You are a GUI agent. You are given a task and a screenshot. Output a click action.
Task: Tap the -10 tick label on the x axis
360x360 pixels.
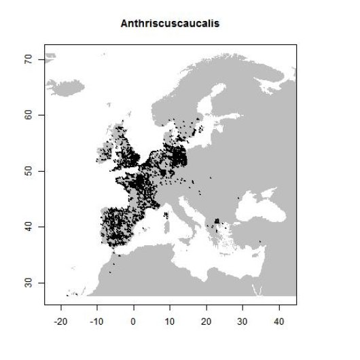(x=97, y=320)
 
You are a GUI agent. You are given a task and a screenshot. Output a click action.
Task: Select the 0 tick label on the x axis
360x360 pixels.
(x=134, y=320)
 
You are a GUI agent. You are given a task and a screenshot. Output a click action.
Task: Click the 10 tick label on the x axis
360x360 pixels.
(x=170, y=320)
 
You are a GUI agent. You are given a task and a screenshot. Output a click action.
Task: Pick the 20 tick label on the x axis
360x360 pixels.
(x=206, y=320)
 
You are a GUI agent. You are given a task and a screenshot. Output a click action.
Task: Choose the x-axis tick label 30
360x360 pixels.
(x=242, y=320)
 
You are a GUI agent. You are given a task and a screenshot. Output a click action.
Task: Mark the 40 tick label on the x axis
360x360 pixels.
(x=278, y=320)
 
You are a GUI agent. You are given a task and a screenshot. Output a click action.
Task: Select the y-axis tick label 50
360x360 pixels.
(x=28, y=171)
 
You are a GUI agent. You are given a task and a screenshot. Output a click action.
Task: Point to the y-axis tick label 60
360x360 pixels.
(x=28, y=115)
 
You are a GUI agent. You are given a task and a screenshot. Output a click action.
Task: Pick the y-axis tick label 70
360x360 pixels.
(x=28, y=60)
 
